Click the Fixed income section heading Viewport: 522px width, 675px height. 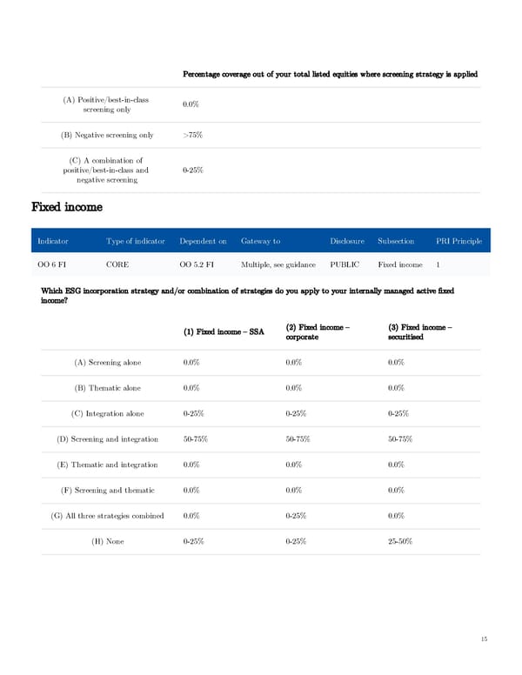click(67, 207)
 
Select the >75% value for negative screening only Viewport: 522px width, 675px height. click(194, 135)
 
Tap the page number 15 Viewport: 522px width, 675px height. click(484, 639)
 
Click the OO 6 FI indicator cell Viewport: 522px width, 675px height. click(51, 264)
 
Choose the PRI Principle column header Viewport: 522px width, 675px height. click(459, 241)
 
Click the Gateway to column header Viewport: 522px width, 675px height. click(260, 241)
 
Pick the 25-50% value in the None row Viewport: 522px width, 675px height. click(400, 542)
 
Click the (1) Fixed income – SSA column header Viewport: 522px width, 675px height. click(224, 331)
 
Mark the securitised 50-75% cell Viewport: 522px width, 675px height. click(400, 438)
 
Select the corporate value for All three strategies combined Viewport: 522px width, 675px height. click(298, 516)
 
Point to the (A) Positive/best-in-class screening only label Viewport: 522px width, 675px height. click(105, 104)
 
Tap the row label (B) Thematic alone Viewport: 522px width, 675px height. click(108, 387)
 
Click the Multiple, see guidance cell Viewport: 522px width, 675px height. click(278, 264)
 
